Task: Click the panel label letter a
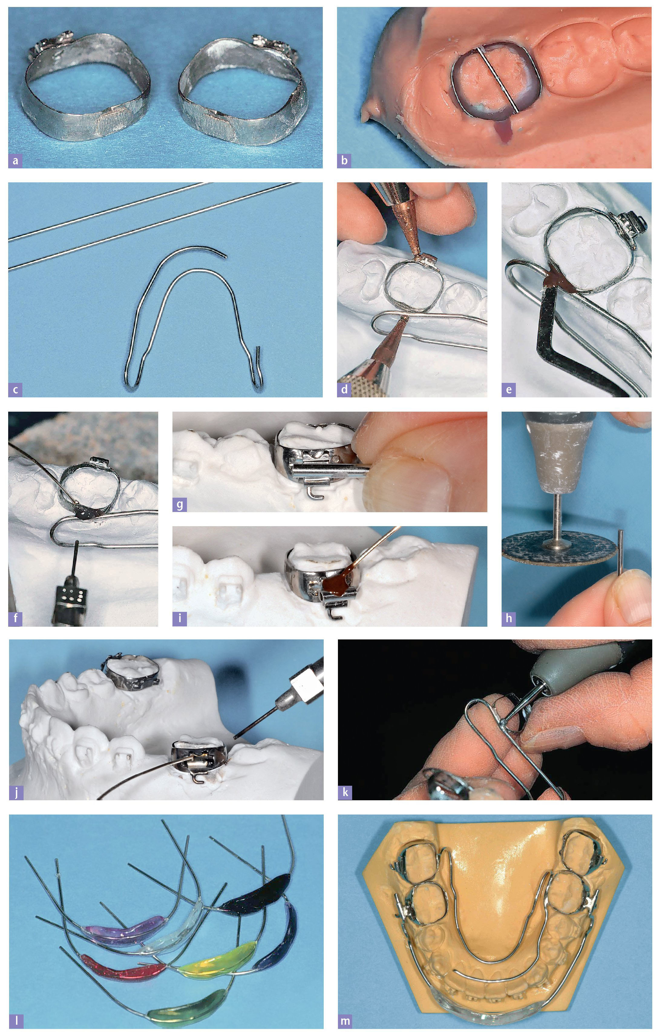click(x=16, y=161)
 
